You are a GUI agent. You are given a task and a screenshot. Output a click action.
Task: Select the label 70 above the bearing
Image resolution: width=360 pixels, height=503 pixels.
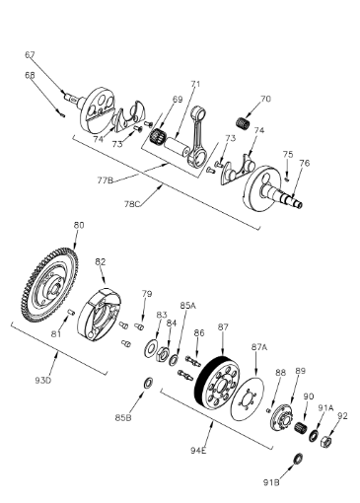(263, 100)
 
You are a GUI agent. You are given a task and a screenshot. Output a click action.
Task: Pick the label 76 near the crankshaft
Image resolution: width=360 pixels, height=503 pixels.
(305, 164)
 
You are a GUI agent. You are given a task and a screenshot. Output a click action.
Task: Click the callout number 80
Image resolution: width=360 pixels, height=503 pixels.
(79, 226)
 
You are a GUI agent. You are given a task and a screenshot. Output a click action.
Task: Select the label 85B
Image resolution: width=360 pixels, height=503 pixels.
(122, 417)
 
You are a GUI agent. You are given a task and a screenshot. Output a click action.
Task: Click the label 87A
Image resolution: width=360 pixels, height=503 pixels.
(259, 347)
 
